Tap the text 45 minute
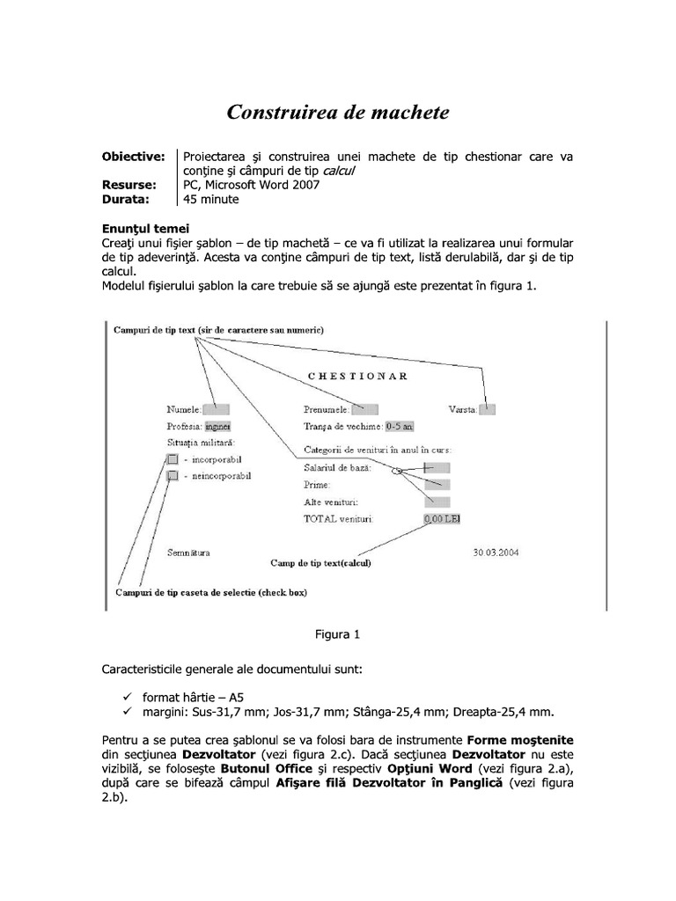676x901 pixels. pyautogui.click(x=210, y=200)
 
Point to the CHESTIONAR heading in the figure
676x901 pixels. pyautogui.click(x=357, y=376)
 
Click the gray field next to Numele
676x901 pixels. pyautogui.click(x=216, y=409)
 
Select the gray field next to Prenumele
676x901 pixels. pyautogui.click(x=364, y=409)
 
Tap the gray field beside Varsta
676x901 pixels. pyautogui.click(x=488, y=409)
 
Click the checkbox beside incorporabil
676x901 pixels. pyautogui.click(x=173, y=459)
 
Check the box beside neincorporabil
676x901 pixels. pyautogui.click(x=173, y=476)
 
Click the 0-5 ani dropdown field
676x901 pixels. pyautogui.click(x=400, y=427)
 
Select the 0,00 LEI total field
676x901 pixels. pyautogui.click(x=442, y=519)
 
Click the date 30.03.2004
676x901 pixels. pyautogui.click(x=496, y=553)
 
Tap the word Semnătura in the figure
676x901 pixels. pyautogui.click(x=188, y=553)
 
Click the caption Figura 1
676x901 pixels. pyautogui.click(x=338, y=634)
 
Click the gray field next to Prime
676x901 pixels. pyautogui.click(x=437, y=485)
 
